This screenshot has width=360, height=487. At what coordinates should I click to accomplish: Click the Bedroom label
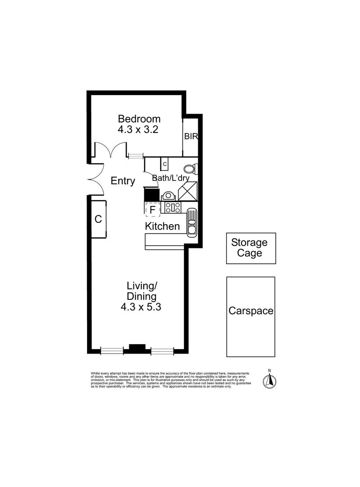pyautogui.click(x=139, y=119)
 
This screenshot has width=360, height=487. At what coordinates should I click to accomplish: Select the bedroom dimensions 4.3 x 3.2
pyautogui.click(x=139, y=129)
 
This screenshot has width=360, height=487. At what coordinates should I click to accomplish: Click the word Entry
pyautogui.click(x=123, y=181)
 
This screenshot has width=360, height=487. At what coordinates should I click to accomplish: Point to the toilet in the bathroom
pyautogui.click(x=191, y=169)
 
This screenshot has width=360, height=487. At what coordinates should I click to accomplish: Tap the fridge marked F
pyautogui.click(x=152, y=209)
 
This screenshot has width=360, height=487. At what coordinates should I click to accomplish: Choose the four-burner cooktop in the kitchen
pyautogui.click(x=173, y=207)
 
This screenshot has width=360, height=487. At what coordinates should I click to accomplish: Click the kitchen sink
pyautogui.click(x=191, y=222)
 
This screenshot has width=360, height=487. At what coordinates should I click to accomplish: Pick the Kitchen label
pyautogui.click(x=162, y=226)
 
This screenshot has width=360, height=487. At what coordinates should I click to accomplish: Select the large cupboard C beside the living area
pyautogui.click(x=98, y=220)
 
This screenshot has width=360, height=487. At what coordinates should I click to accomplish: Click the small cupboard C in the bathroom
pyautogui.click(x=165, y=164)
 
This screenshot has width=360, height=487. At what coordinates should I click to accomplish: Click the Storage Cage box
pyautogui.click(x=251, y=248)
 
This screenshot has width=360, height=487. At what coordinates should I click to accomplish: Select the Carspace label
pyautogui.click(x=251, y=311)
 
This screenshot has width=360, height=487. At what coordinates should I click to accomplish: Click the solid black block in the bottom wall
pyautogui.click(x=137, y=348)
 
